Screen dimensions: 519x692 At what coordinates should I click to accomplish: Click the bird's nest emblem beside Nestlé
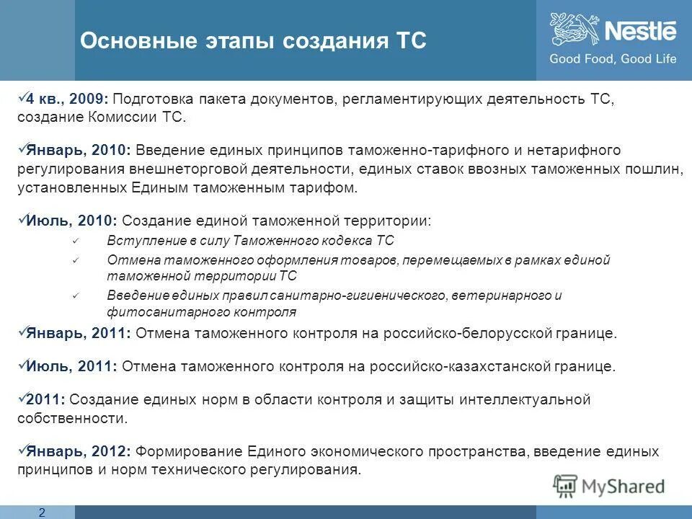click(575, 30)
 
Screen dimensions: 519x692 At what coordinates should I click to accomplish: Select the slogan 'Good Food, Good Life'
click(613, 59)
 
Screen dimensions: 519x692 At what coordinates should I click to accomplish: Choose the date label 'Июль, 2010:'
click(72, 221)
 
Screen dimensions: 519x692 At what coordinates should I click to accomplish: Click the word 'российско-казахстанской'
click(485, 366)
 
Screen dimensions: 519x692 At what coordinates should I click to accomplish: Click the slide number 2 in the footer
click(41, 512)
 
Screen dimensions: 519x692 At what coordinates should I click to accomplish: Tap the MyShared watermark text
click(623, 486)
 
